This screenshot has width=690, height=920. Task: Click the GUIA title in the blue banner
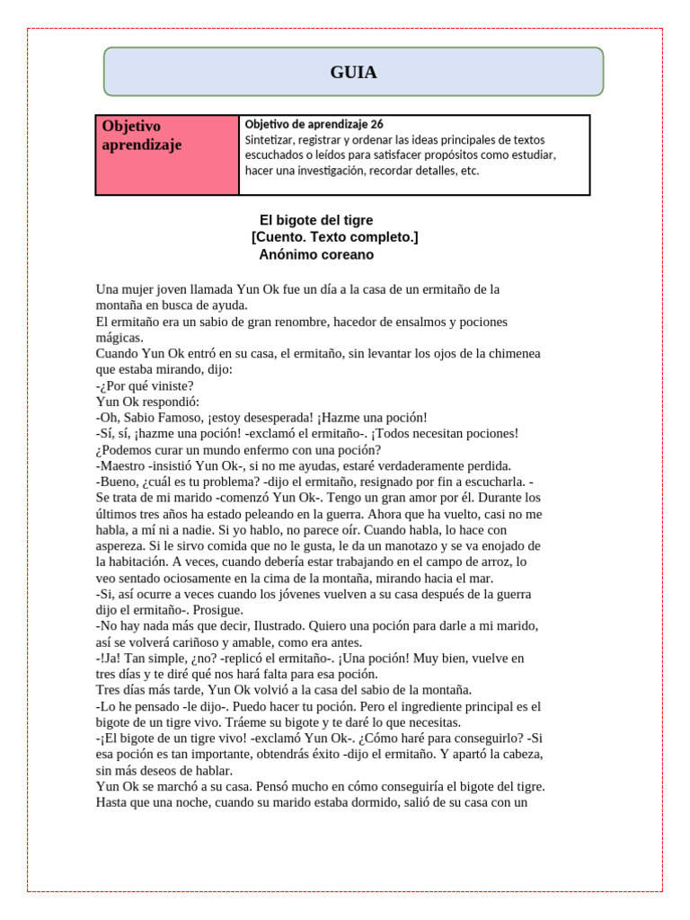click(353, 73)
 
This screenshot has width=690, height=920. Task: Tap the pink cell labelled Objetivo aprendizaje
click(167, 155)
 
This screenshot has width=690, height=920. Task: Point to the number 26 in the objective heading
click(376, 124)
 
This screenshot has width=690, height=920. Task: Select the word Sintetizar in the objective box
click(271, 140)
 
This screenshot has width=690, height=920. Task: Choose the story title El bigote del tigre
click(316, 220)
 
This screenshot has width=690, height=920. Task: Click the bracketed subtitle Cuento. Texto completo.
click(334, 237)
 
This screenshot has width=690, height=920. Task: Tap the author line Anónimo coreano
click(316, 254)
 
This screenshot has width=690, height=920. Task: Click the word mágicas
click(119, 338)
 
